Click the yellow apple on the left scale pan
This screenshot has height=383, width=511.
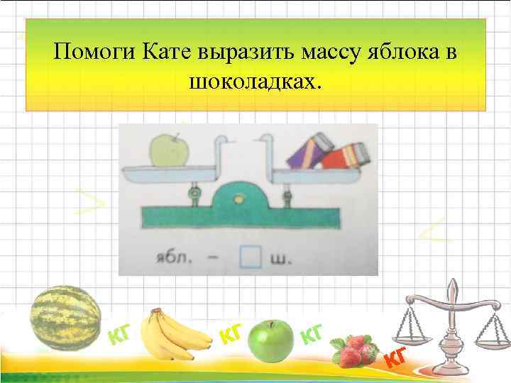pos(170,150)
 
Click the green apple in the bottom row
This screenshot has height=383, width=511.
pos(270,340)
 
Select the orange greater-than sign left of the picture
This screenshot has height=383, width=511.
pos(92,204)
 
